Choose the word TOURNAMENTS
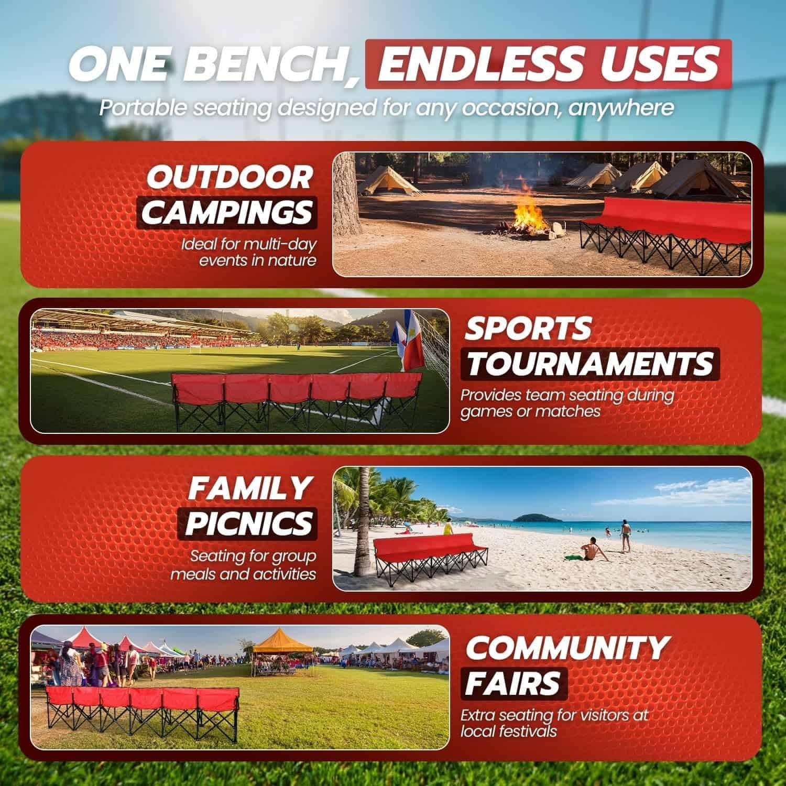pyautogui.click(x=589, y=363)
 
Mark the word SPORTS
pyautogui.click(x=528, y=329)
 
